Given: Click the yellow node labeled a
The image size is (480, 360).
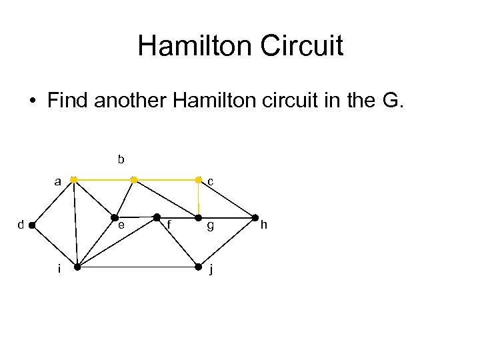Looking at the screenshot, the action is tap(73, 180).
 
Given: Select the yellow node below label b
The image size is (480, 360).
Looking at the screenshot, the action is tap(134, 180).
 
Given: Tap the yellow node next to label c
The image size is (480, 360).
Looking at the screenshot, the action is tap(198, 180).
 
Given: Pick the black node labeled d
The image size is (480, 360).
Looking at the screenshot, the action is tap(32, 225).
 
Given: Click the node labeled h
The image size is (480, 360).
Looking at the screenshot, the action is tap(255, 218).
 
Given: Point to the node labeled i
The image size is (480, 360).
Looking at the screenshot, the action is tap(77, 267).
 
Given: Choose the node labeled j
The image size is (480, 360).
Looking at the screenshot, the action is tap(198, 267).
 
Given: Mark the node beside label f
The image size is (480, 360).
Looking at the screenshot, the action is tap(157, 217).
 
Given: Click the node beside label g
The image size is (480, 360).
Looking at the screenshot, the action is tap(198, 218).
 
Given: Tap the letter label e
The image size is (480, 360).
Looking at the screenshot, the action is tap(121, 225).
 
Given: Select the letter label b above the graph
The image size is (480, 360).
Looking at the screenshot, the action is tap(121, 159).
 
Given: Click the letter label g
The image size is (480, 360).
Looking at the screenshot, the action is tap(210, 226).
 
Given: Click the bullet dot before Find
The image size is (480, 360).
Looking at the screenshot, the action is tap(32, 101).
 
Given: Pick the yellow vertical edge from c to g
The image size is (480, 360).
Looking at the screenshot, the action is tap(198, 199).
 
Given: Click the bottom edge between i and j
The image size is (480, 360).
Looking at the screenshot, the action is tap(137, 267).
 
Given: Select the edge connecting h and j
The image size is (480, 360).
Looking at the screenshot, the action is tap(227, 243).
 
